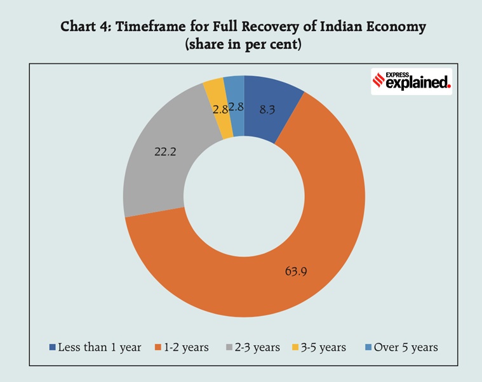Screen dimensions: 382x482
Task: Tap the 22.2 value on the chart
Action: coord(166,152)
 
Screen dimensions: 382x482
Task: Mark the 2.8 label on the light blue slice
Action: coord(236,107)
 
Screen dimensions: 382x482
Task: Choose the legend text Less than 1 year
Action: coord(99,347)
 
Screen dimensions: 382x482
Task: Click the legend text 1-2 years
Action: coord(187,347)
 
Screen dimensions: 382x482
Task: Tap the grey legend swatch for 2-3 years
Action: coord(231,347)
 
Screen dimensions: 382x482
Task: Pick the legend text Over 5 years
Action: coord(406,347)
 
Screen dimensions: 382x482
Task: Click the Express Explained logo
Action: coord(411,81)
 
